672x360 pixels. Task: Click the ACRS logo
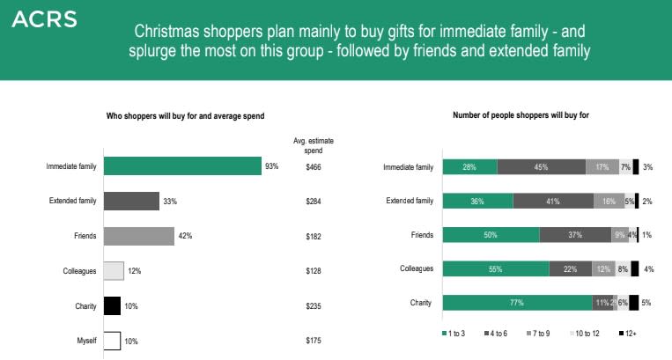pos(44,18)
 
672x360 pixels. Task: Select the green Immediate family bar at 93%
pos(182,166)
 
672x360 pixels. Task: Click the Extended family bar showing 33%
pos(131,201)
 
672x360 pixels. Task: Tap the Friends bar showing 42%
pos(138,236)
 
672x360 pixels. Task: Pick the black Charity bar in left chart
pos(112,305)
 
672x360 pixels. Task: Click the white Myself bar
pos(112,340)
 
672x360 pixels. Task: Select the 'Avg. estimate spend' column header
pos(314,145)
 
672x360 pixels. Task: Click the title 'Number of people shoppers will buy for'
pos(521,115)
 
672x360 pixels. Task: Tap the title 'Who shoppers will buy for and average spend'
pos(185,115)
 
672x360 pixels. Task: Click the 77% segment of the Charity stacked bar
pos(517,303)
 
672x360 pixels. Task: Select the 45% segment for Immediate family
pos(541,166)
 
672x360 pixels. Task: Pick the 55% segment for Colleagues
pos(495,268)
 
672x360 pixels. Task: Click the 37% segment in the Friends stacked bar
pos(574,234)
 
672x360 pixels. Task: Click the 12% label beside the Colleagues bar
pos(135,271)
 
